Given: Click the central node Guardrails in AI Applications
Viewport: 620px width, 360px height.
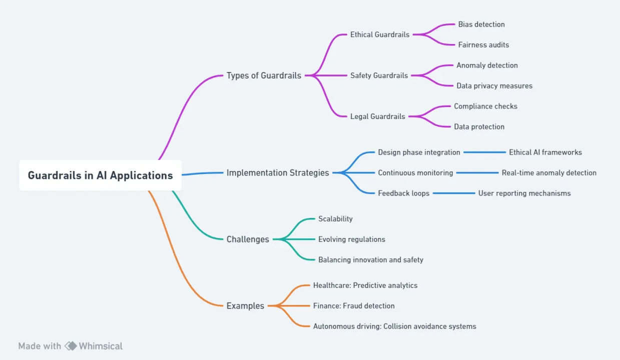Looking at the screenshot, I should (100, 175).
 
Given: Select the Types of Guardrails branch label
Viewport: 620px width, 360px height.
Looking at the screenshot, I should (264, 75).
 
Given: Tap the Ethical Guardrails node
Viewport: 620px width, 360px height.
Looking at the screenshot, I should (379, 34).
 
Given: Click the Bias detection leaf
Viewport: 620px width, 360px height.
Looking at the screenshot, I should (481, 24).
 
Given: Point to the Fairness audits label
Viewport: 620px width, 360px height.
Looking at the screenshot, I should (483, 44).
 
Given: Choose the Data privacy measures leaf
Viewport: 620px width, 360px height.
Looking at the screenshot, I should (494, 85).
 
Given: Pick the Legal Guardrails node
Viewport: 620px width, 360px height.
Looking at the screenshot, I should (377, 116).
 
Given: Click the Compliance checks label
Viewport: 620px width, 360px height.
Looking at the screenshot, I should (485, 106).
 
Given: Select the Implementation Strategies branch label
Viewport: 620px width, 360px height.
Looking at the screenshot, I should (278, 172).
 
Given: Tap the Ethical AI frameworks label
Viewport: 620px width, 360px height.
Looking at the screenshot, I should (545, 152).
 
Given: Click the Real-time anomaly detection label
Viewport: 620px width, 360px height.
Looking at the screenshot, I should (549, 172).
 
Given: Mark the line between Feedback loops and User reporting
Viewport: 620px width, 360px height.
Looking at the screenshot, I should (454, 193).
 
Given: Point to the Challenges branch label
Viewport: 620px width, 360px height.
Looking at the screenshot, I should (248, 239).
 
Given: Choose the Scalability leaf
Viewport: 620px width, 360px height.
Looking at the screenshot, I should (335, 218).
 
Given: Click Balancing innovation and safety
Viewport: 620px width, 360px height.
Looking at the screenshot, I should (370, 259).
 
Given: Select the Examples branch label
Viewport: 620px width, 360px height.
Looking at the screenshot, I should (245, 305).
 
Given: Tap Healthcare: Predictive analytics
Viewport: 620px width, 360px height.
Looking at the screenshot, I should (365, 285).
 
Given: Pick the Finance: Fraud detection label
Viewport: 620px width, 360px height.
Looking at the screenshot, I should (353, 305).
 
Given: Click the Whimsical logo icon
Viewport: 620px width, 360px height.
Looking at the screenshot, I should (71, 346).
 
